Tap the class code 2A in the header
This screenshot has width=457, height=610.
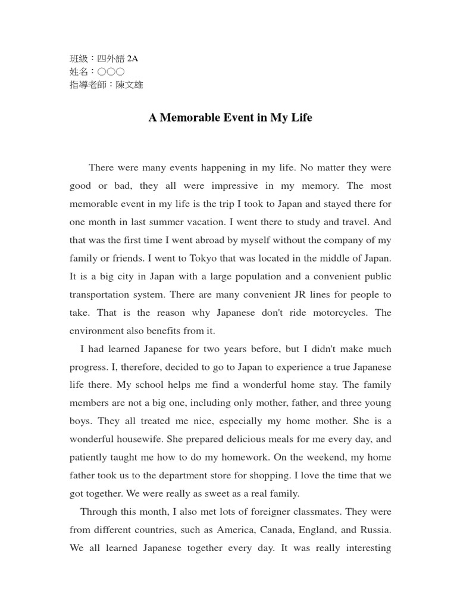tap(132, 58)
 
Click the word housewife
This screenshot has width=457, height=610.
tap(132, 439)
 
